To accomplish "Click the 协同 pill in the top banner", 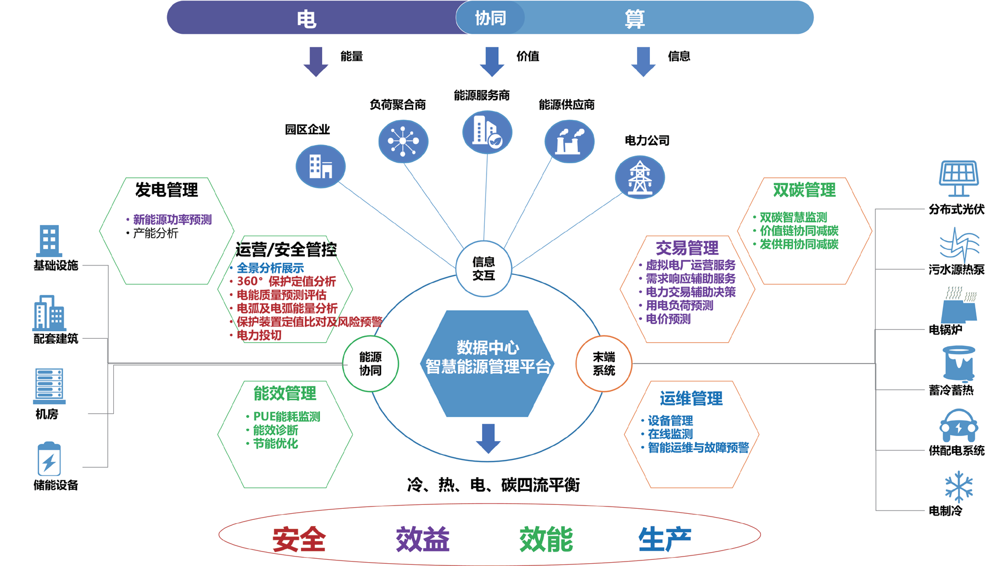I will (490, 18).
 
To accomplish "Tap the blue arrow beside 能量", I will (315, 61).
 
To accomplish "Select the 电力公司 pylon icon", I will (639, 178).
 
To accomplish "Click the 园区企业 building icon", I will (320, 166).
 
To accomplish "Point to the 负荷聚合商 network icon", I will (403, 141).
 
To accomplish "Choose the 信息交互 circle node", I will (483, 269).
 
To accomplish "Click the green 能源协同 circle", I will (370, 364).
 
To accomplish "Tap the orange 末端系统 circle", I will (604, 364).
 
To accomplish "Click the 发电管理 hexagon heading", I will (167, 190).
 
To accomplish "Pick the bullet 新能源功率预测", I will (172, 219).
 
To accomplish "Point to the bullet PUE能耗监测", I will (287, 417).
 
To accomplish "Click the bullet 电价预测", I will (668, 319).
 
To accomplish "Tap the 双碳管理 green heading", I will (804, 191).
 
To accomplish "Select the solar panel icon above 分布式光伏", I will (959, 178).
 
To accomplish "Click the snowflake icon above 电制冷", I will (959, 487).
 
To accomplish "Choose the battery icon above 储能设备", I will (49, 459).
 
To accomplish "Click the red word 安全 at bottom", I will (299, 539).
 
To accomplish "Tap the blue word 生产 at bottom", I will (664, 539).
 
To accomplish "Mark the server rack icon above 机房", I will (49, 385).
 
